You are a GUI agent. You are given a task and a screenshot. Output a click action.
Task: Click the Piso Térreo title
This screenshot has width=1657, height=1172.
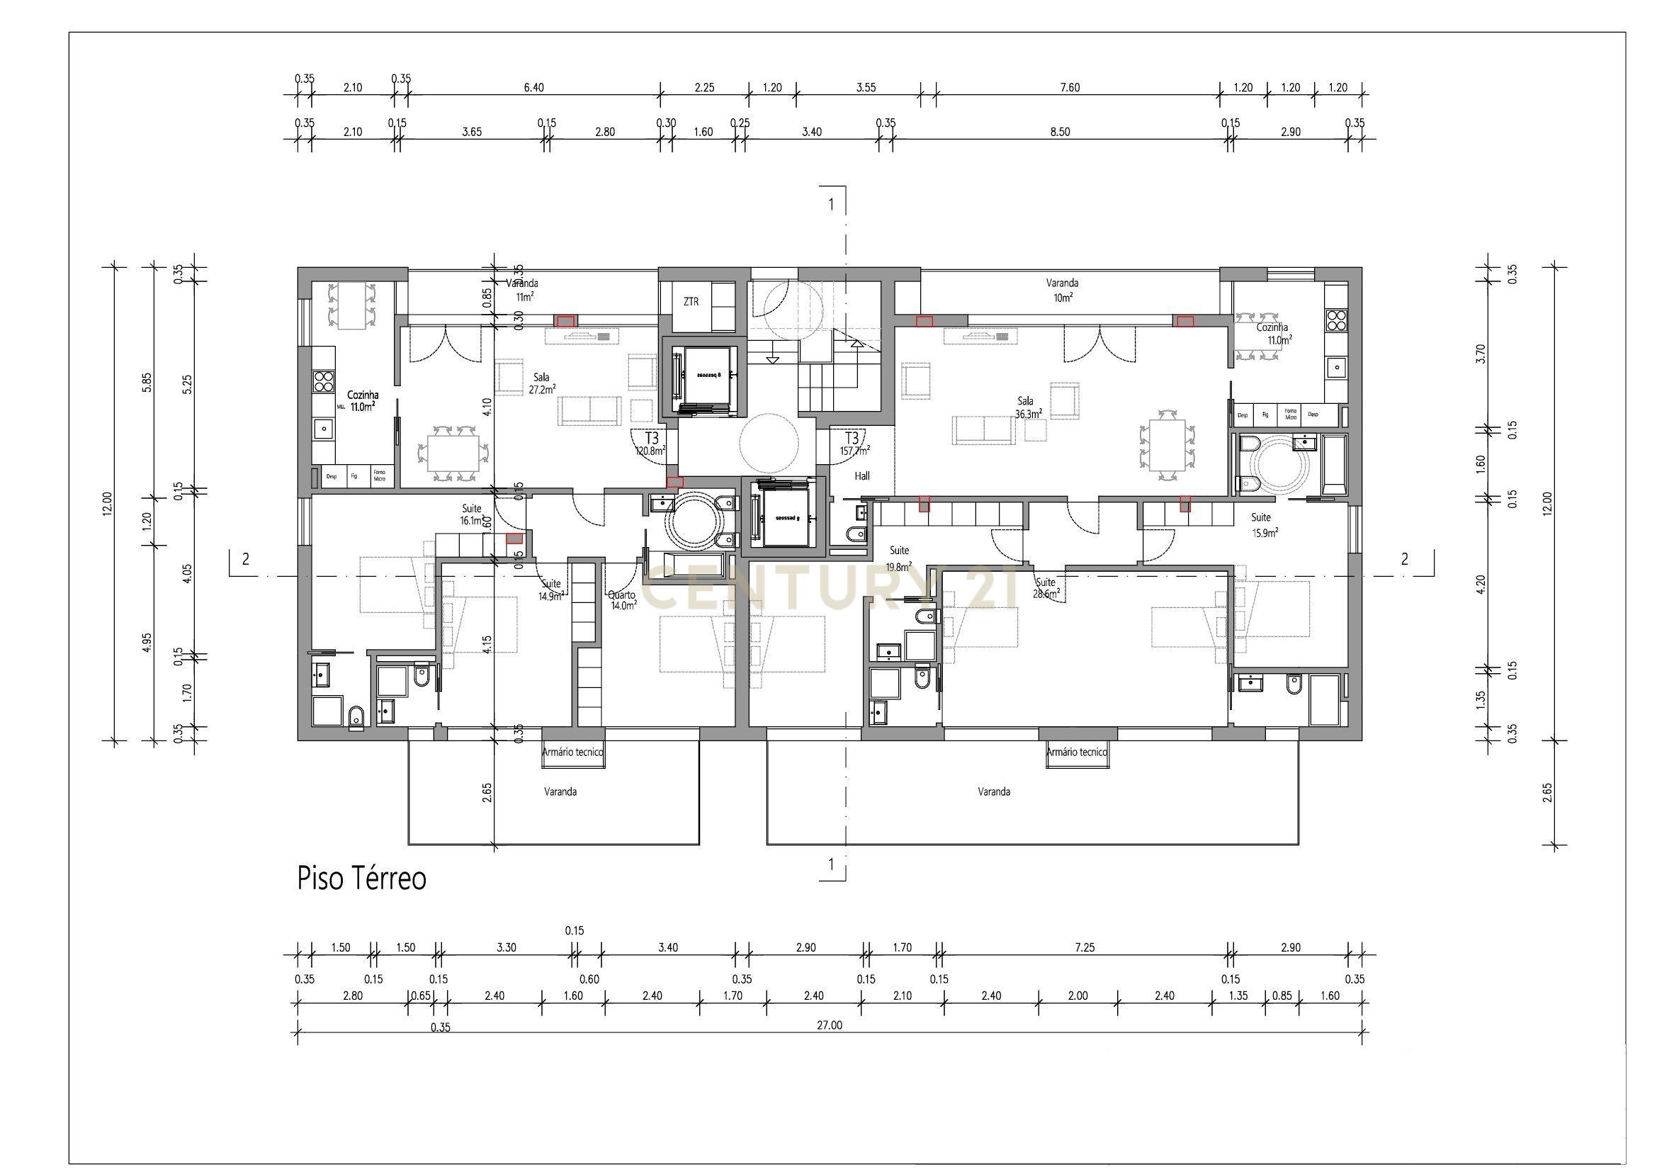click(x=361, y=879)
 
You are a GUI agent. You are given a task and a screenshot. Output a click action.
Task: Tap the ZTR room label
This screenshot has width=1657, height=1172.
click(x=691, y=302)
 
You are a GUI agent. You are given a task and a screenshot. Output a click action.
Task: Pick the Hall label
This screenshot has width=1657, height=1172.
click(x=861, y=476)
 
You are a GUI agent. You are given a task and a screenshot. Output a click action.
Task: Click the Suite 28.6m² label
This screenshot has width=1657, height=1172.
click(x=1046, y=588)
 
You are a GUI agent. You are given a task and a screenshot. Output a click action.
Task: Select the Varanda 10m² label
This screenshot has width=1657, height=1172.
click(x=1062, y=289)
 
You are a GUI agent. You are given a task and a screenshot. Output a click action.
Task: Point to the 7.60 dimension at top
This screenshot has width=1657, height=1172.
click(x=1070, y=87)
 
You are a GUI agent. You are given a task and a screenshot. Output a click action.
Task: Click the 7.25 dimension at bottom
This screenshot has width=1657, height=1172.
click(x=1084, y=947)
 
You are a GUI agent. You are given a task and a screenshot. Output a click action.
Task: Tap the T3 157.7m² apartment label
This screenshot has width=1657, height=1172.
click(x=853, y=444)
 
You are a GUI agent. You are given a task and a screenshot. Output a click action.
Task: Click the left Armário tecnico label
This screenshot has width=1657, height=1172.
click(x=572, y=752)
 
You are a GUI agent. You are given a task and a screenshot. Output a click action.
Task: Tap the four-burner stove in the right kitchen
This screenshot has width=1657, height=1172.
click(x=1337, y=320)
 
